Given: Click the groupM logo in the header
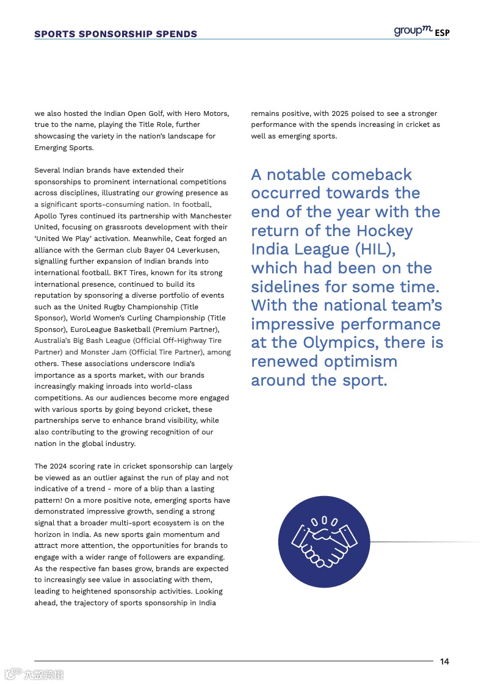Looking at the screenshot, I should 413,31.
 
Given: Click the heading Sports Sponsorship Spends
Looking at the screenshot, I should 115,34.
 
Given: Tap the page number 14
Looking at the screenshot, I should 444,661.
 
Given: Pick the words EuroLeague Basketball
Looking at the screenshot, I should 104,329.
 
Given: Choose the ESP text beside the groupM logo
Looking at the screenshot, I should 442,33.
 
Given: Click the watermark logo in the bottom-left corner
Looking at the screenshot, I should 34,674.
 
